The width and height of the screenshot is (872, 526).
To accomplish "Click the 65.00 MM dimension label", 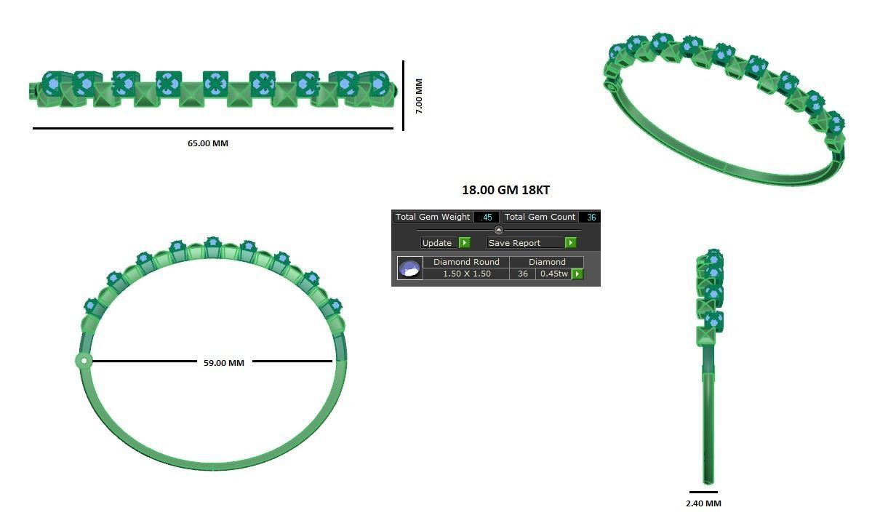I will pyautogui.click(x=207, y=143).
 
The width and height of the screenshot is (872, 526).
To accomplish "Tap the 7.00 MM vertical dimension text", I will pyautogui.click(x=418, y=96).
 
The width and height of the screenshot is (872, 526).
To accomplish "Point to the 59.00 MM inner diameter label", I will pyautogui.click(x=224, y=362).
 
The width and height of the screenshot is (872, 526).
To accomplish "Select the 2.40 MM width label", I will pyautogui.click(x=703, y=503).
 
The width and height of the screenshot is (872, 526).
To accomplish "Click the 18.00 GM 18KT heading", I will pyautogui.click(x=505, y=190).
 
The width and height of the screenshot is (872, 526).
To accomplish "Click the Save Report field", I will pyautogui.click(x=524, y=243).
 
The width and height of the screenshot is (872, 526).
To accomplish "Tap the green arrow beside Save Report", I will pyautogui.click(x=571, y=243).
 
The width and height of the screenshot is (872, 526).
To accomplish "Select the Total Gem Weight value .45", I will pyautogui.click(x=487, y=217).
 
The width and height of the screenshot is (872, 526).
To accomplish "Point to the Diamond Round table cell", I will pyautogui.click(x=466, y=262).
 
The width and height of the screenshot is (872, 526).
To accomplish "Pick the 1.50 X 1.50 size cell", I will pyautogui.click(x=466, y=274).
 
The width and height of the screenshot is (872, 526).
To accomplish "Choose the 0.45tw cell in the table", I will pyautogui.click(x=553, y=274).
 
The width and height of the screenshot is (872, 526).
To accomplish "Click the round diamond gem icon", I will pyautogui.click(x=410, y=268).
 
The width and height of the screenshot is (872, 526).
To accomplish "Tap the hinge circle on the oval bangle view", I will pyautogui.click(x=84, y=360).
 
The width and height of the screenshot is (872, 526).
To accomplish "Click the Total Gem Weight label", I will pyautogui.click(x=433, y=217).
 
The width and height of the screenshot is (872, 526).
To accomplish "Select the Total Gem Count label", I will pyautogui.click(x=540, y=217).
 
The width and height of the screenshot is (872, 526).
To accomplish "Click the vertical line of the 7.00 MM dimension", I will pyautogui.click(x=404, y=95).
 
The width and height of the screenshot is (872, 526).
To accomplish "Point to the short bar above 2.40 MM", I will pyautogui.click(x=703, y=493).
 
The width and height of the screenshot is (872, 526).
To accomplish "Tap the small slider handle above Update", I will pyautogui.click(x=498, y=230).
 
